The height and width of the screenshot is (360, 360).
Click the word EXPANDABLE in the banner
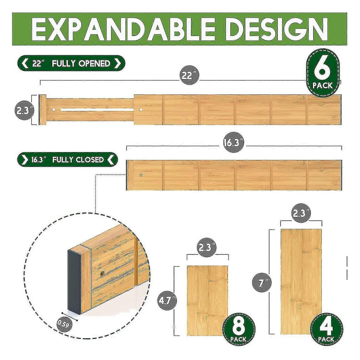[x=123, y=29]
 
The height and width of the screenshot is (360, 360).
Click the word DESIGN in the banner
[x=276, y=29]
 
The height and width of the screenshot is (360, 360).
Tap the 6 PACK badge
[x=323, y=73]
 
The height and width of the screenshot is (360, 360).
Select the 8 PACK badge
[x=238, y=329]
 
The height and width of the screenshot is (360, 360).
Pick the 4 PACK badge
[x=326, y=329]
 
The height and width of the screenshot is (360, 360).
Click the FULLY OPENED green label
[x=71, y=63]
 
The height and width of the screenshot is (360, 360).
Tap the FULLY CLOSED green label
[x=67, y=160]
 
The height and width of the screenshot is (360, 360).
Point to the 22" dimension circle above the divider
[x=189, y=75]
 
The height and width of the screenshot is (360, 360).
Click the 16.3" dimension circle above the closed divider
[x=233, y=142]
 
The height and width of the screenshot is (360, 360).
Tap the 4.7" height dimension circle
[x=167, y=301]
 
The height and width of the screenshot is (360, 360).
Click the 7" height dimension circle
[x=262, y=282]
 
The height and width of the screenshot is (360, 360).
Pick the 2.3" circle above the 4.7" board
[x=207, y=247]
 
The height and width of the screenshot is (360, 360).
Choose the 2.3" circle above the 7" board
[x=301, y=213]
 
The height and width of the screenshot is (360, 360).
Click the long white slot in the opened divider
[x=97, y=110]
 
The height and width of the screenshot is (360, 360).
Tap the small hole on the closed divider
[x=141, y=175]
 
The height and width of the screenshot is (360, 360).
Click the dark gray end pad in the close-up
[x=74, y=282]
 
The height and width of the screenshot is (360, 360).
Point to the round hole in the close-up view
[x=102, y=274]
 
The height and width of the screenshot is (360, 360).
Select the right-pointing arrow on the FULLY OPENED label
[x=117, y=63]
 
